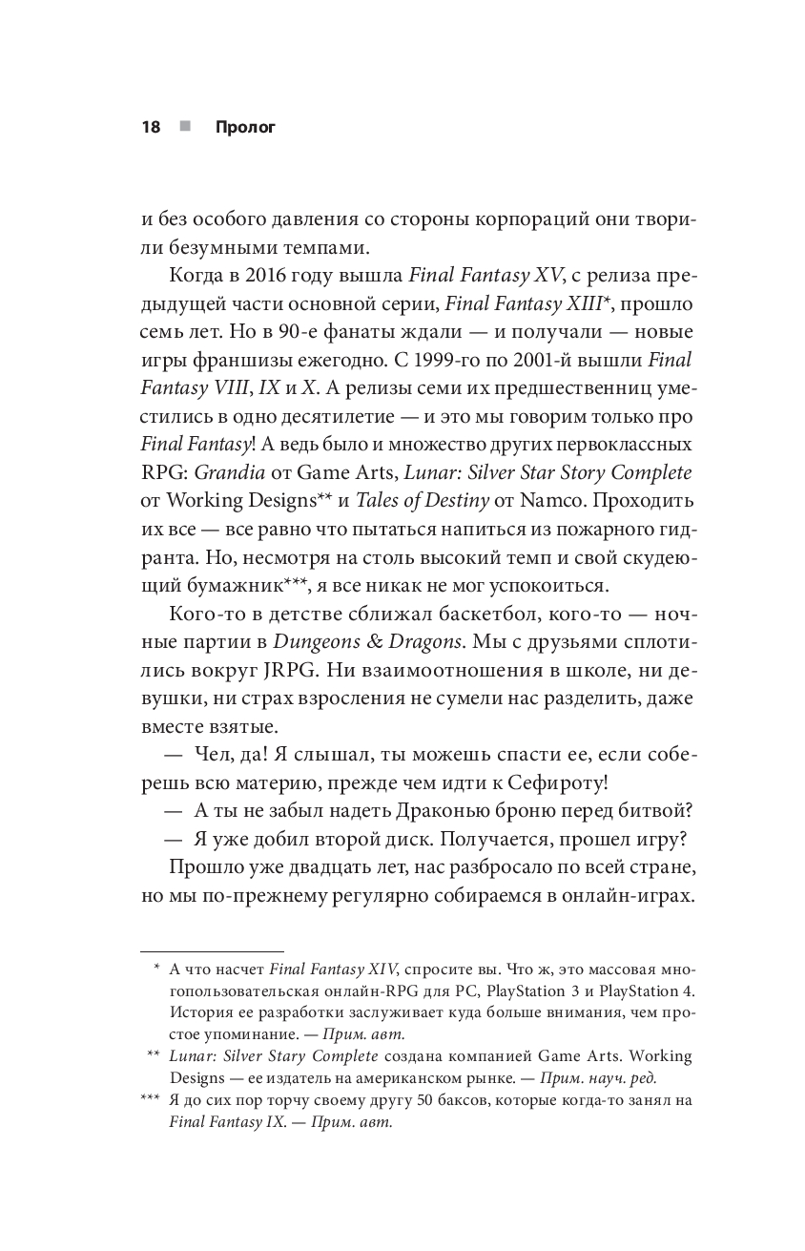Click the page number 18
[151, 127]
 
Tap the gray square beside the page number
[184, 126]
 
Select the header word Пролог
[245, 127]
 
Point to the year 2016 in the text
[252, 277]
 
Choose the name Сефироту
[559, 782]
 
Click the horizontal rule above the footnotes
[212, 951]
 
